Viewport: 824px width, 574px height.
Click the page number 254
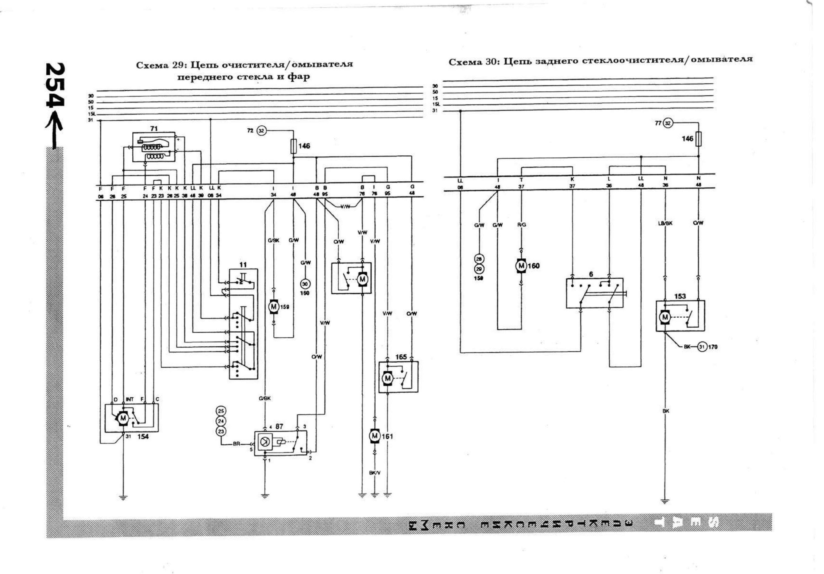click(x=55, y=85)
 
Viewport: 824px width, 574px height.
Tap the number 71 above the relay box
click(x=154, y=129)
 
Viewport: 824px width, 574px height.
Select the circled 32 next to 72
click(x=261, y=131)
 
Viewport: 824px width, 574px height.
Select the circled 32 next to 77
click(x=668, y=123)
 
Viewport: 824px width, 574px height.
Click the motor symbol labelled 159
click(x=274, y=306)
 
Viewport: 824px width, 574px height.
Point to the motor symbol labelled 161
click(x=375, y=436)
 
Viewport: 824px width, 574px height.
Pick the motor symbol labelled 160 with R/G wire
click(x=521, y=266)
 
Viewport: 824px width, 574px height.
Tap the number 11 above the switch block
click(x=243, y=265)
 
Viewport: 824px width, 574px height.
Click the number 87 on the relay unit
click(x=279, y=426)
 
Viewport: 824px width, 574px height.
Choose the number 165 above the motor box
click(x=401, y=357)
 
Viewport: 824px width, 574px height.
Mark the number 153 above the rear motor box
click(x=680, y=296)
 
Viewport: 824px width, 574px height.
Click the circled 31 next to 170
click(x=702, y=347)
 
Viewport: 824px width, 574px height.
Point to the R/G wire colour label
click(x=521, y=225)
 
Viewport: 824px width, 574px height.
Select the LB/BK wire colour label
click(x=665, y=223)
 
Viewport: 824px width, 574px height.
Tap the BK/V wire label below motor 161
click(x=375, y=473)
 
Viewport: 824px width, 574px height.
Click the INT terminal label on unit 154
click(x=130, y=399)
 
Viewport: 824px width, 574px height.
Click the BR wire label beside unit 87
click(x=236, y=444)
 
